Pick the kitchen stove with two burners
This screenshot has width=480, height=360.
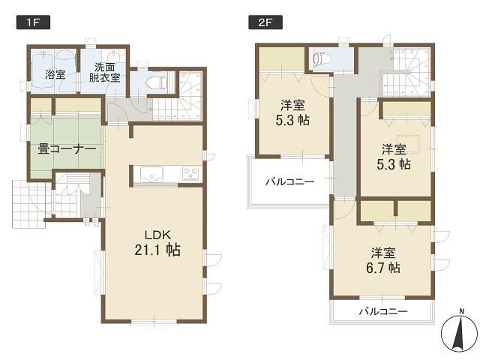189,175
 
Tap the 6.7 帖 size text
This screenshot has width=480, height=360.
383,268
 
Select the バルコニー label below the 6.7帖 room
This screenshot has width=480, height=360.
382,311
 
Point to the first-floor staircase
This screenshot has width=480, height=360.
179,97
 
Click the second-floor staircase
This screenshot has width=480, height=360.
409,71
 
